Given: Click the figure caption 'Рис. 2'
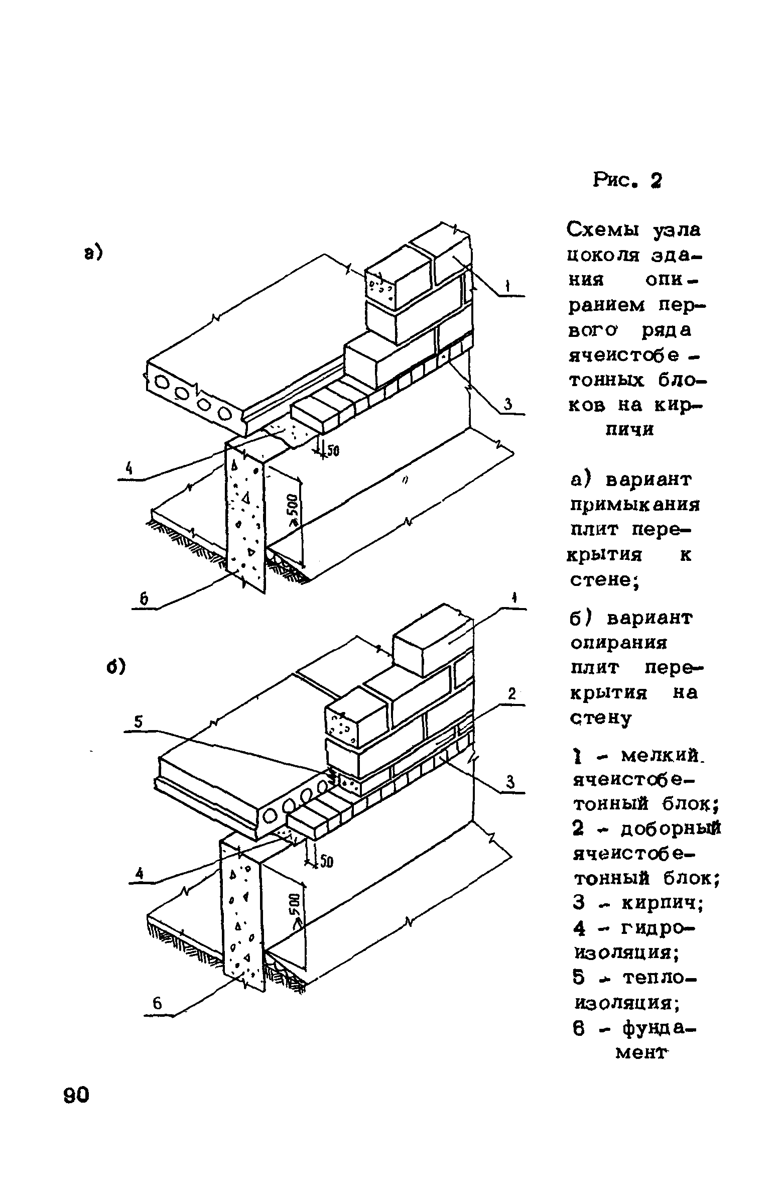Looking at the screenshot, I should coord(627,180).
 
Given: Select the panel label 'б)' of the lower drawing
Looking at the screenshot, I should coord(115,667).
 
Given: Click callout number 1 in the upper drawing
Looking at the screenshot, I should coord(508,287).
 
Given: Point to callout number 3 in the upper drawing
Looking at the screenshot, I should coord(508,404).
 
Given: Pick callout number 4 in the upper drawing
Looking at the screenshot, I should coord(129,469).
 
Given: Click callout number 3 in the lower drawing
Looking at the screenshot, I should coord(510,782).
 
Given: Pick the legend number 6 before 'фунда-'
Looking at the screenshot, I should coord(578,1029).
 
